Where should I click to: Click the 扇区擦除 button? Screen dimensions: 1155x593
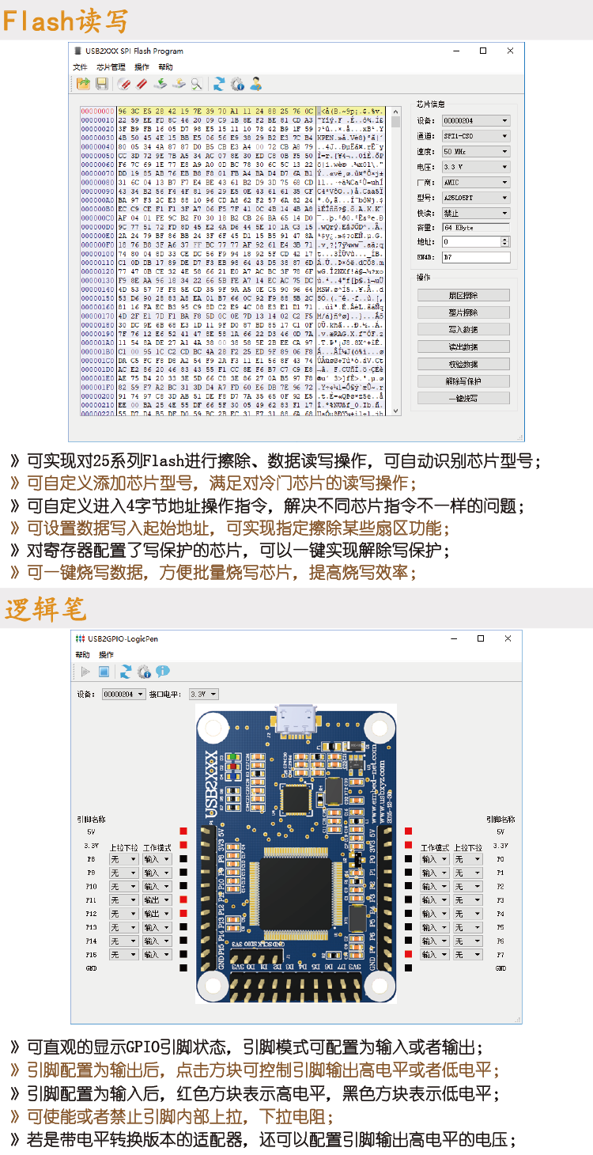463,295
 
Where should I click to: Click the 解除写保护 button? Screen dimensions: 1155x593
463,381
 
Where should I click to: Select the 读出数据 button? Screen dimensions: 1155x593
463,346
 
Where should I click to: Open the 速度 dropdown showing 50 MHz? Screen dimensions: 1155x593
475,151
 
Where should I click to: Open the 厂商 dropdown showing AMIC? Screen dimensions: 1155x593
475,182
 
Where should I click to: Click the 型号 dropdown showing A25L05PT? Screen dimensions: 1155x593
475,198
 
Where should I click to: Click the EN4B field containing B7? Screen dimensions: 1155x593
475,257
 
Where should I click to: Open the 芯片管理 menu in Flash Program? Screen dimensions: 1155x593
111,67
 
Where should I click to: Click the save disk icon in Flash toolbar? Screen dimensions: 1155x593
101,84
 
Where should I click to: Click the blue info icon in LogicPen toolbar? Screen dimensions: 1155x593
163,672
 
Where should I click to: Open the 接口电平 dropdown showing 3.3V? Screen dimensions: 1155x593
203,694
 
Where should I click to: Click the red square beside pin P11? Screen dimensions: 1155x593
183,899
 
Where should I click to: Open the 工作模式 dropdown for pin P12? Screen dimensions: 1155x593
157,914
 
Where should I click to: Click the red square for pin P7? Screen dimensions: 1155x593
408,955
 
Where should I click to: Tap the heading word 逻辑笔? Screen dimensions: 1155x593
44,610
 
